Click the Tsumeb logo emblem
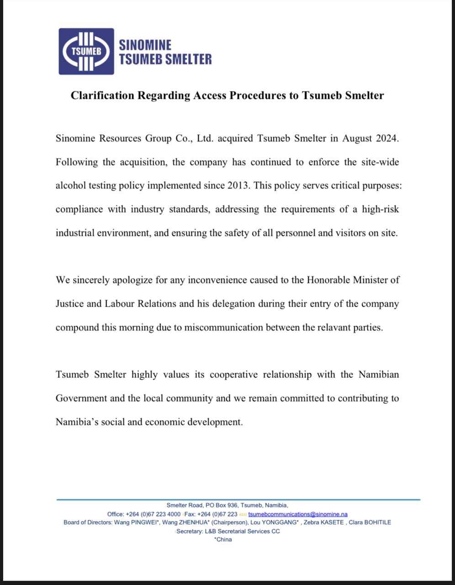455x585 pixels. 86,51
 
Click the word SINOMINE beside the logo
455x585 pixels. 145,45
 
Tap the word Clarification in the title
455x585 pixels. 103,96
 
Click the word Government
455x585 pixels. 81,398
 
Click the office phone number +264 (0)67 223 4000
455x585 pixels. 153,514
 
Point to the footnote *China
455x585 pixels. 223,539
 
